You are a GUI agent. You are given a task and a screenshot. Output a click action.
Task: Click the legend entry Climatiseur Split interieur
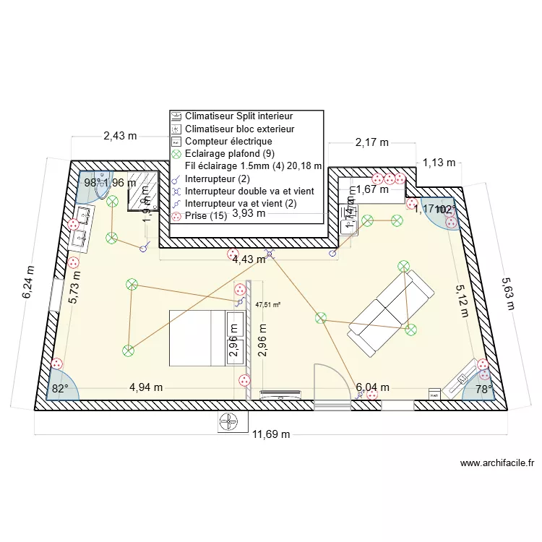click(x=238, y=116)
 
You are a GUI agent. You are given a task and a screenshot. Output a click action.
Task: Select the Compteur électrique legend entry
click(x=228, y=141)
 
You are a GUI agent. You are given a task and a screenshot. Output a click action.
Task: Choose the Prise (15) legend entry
click(x=206, y=215)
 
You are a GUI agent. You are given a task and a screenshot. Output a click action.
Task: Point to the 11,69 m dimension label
click(x=271, y=434)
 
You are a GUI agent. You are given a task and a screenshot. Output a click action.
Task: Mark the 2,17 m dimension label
click(x=371, y=142)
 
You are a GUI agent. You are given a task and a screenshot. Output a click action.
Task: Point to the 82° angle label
click(x=59, y=388)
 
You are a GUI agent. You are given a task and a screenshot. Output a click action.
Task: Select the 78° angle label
click(x=483, y=389)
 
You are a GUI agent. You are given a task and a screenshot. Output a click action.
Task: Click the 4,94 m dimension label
click(x=146, y=387)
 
